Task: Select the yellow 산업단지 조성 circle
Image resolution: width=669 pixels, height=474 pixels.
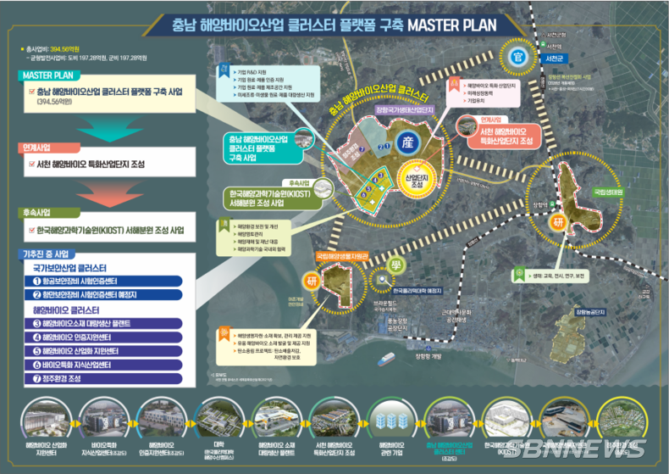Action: tap(414, 179)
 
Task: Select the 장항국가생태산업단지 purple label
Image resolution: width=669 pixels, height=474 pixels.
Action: tap(406, 109)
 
